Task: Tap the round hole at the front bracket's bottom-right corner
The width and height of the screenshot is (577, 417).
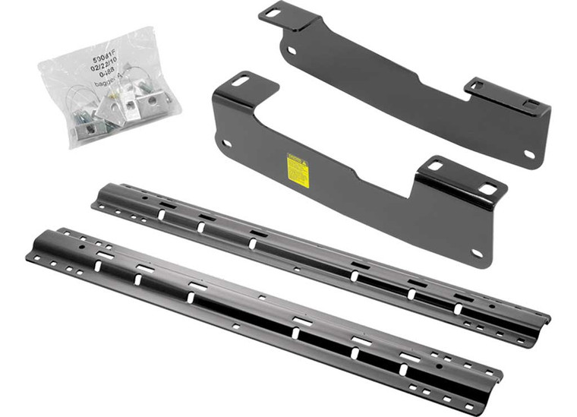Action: point(477,253)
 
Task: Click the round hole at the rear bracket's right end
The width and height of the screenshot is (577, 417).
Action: point(528,154)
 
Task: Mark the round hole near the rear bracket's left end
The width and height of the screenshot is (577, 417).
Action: point(292,50)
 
